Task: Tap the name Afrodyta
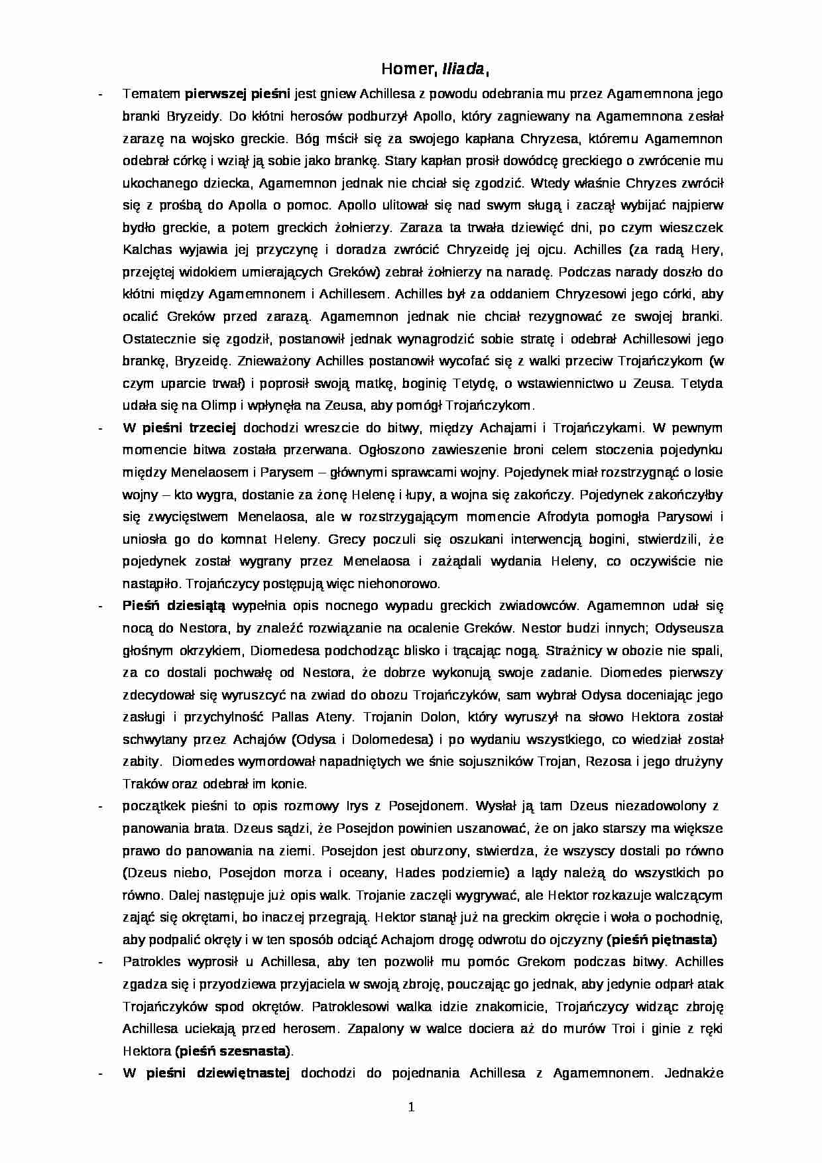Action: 562,517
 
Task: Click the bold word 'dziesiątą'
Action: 197,605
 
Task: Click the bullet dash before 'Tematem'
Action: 99,94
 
